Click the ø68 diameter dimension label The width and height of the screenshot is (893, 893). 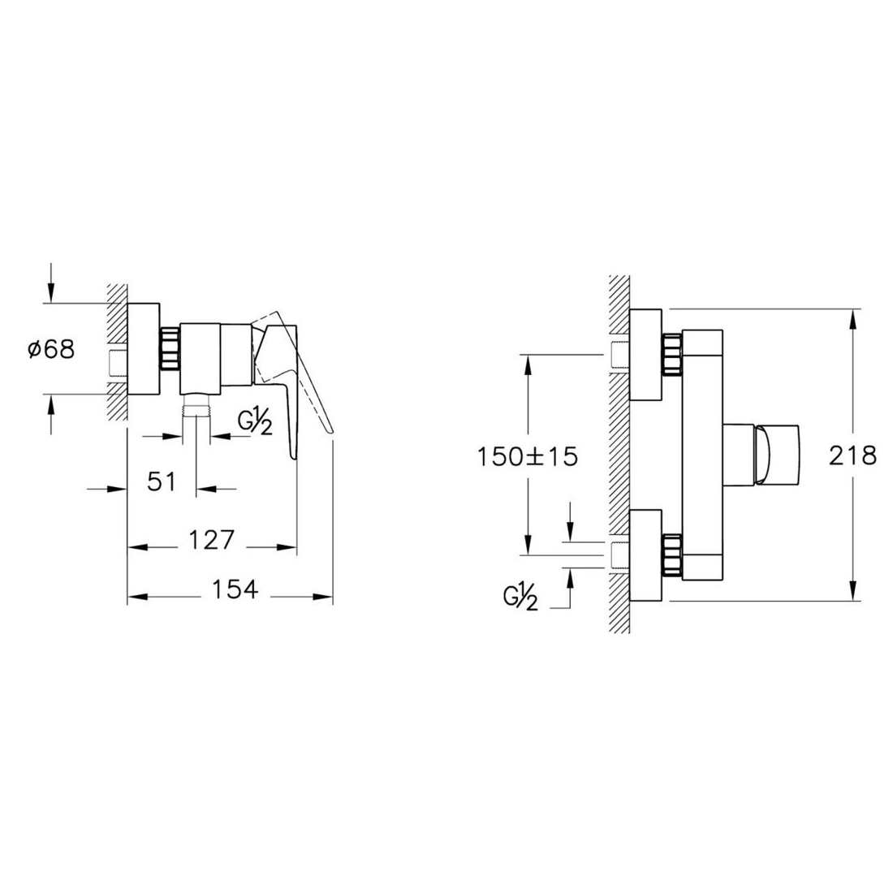[51, 349]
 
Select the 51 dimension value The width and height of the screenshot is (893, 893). [162, 481]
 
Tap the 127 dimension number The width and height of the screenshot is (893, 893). [211, 539]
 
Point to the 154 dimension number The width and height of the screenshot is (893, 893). [235, 589]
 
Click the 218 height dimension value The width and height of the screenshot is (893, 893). [852, 455]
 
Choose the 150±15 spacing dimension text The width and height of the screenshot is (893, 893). [527, 457]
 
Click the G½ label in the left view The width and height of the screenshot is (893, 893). [255, 422]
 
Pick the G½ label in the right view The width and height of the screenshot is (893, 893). [520, 598]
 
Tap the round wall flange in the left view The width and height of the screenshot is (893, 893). [144, 349]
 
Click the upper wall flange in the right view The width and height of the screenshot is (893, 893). [646, 354]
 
